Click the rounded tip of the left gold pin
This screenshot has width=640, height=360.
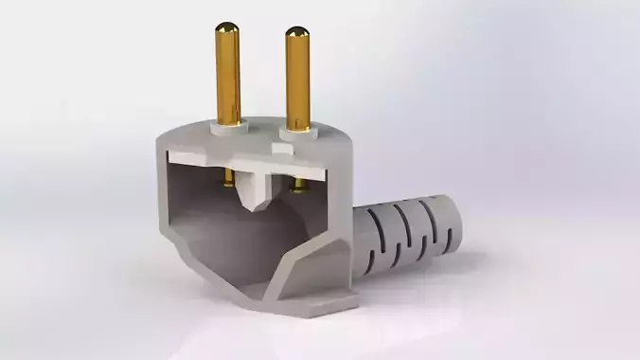click(x=226, y=30)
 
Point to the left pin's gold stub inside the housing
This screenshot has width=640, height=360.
click(x=228, y=178)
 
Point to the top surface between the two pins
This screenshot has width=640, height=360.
click(x=262, y=133)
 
